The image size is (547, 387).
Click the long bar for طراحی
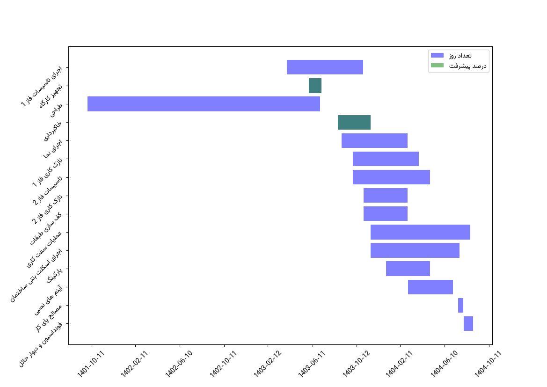click(x=204, y=104)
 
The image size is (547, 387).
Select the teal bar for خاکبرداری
click(x=354, y=122)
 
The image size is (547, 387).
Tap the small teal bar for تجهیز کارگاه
click(x=315, y=86)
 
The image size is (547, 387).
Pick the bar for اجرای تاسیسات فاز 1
click(x=325, y=67)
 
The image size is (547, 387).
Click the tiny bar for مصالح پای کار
click(x=460, y=305)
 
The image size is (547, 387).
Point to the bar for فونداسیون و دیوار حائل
click(x=468, y=323)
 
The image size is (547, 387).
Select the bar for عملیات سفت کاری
click(x=420, y=232)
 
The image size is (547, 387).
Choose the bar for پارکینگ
click(x=408, y=269)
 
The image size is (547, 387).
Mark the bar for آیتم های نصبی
click(x=430, y=287)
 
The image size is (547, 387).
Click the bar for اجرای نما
click(x=374, y=140)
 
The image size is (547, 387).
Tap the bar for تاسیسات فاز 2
click(x=391, y=177)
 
